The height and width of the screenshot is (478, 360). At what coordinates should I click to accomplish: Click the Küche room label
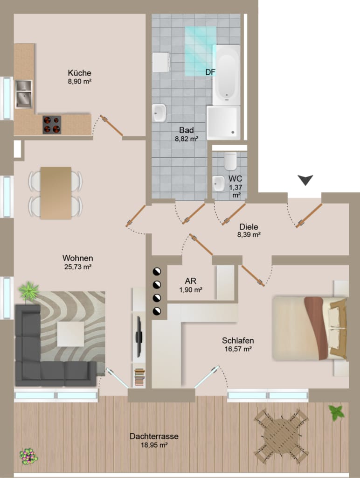[x=79, y=73]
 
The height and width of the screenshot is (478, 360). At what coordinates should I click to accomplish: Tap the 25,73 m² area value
[x=78, y=267]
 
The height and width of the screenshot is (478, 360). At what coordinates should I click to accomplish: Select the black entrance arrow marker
[x=305, y=180]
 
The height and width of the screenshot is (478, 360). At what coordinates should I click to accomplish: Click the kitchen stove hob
[x=52, y=124]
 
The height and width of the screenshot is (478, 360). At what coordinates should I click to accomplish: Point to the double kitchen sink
[x=24, y=94]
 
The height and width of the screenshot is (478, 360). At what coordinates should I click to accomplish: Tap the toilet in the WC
[x=230, y=161]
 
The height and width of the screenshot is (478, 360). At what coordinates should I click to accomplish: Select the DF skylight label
[x=210, y=72]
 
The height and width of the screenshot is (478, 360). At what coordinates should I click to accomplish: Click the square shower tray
[x=223, y=123]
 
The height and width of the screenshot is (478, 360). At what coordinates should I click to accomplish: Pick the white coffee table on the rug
[x=71, y=334]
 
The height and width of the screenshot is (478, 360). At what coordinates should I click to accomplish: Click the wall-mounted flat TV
[x=139, y=337]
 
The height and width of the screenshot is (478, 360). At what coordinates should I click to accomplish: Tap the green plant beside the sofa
[x=28, y=291]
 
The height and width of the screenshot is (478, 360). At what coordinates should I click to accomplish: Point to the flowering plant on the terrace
[x=28, y=456]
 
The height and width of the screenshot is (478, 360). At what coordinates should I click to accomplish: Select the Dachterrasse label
[x=154, y=436]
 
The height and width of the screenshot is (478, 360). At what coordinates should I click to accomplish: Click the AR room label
[x=191, y=281]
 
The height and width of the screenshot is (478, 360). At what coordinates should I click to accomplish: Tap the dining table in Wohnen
[x=56, y=193]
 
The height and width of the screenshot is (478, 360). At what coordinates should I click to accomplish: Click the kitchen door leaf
[x=111, y=126]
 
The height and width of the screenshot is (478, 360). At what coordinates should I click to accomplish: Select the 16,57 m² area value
[x=238, y=349]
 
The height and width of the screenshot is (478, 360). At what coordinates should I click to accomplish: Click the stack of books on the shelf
[x=139, y=377]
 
